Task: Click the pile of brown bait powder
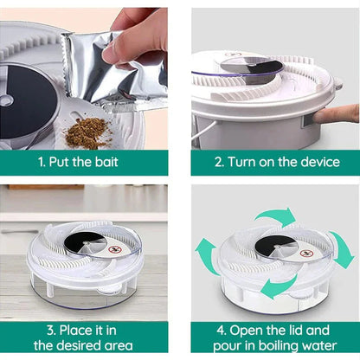coord(87,132)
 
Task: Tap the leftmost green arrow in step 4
coord(206,257)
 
